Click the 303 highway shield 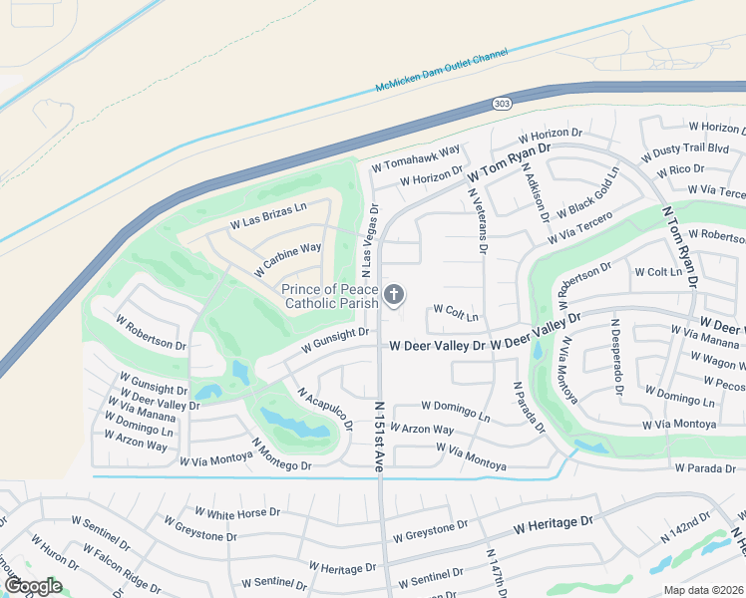coord(501,103)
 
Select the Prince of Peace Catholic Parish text coord(330,296)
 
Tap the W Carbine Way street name coord(287,258)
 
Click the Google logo coord(33,585)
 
